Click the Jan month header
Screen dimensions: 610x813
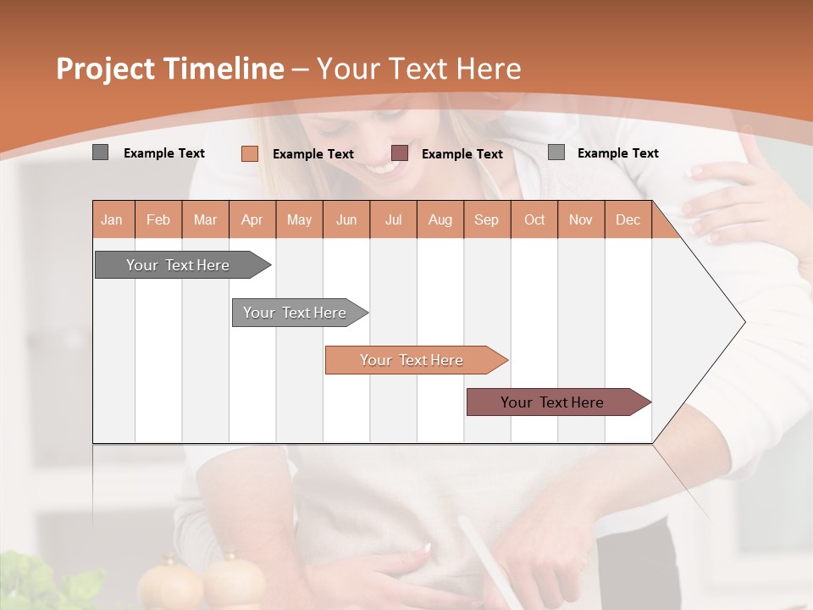coord(112,219)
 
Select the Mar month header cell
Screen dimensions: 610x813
coord(205,219)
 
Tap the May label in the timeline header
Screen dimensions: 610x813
coord(299,219)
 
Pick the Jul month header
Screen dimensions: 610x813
coord(393,219)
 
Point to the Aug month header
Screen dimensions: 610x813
coord(440,219)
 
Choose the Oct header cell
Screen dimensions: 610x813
coord(534,219)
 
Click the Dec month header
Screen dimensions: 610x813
coord(628,219)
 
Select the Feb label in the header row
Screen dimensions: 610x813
coord(158,219)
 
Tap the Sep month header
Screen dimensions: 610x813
coord(486,219)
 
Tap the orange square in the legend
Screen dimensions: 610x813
coord(250,153)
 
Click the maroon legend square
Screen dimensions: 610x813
coord(400,153)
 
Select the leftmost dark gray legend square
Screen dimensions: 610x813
coord(101,152)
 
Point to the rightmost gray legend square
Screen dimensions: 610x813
coord(556,152)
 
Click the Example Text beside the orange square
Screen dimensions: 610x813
coord(312,154)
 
